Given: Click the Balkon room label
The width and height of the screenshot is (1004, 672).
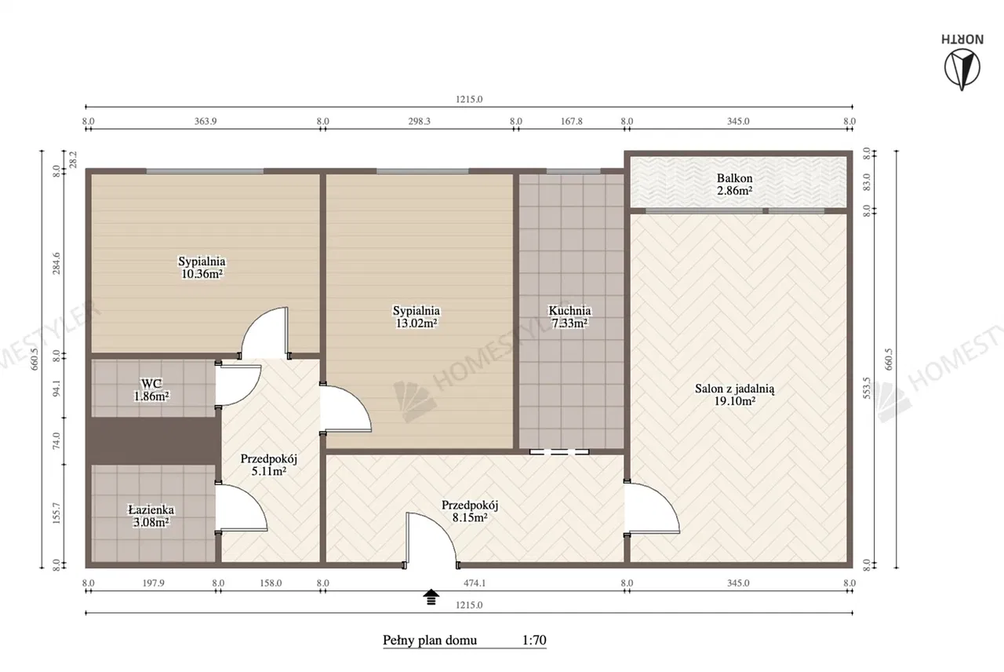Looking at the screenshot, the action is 734,184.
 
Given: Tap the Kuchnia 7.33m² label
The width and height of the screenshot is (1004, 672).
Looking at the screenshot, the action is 569,316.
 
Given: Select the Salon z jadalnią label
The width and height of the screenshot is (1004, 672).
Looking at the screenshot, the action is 735,395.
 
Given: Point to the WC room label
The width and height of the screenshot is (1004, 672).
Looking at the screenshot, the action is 151,390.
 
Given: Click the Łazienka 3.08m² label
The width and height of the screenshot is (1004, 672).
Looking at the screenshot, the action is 151,516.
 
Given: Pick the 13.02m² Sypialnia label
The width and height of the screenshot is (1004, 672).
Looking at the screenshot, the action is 417,316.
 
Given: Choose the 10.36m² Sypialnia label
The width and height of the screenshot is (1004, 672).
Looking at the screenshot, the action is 202,268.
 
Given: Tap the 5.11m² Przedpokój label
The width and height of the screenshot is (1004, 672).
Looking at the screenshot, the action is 268,465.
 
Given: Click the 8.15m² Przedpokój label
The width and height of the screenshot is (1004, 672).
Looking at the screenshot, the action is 470,511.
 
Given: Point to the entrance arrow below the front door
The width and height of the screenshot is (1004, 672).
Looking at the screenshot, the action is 431,597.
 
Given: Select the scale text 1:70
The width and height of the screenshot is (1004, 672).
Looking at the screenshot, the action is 534,640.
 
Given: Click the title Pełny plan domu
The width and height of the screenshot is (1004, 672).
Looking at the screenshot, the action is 430,641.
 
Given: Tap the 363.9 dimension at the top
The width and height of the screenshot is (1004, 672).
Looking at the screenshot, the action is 206,121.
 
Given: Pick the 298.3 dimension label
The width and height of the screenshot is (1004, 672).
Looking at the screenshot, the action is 419,121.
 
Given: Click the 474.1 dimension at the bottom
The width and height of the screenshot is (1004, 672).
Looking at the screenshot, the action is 475,583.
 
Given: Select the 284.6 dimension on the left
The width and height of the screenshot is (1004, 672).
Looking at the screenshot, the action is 57,263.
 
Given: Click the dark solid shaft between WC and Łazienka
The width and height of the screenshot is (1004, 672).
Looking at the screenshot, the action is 153,440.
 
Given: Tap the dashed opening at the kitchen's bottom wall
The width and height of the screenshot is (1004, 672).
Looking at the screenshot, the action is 559,451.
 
